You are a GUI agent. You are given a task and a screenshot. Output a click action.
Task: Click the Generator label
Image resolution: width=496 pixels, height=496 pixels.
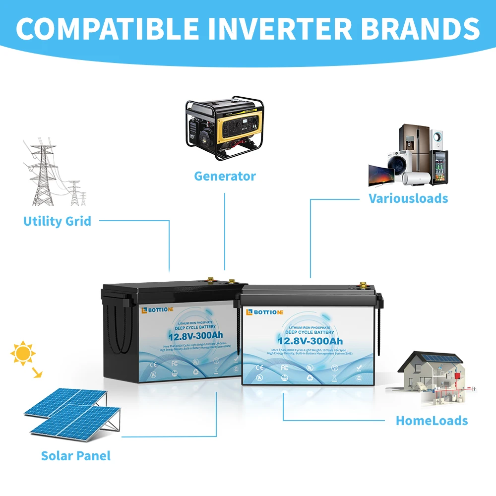click(225, 176)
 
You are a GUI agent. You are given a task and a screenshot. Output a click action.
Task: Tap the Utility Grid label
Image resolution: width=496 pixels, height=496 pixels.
click(57, 221)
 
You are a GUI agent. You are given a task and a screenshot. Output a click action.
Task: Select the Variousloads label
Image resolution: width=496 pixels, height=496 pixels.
click(408, 199)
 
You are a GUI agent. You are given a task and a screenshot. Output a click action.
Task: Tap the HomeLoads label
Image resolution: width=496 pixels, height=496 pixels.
click(432, 421)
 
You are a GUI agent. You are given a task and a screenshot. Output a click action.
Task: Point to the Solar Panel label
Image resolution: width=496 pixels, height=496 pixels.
click(76, 456)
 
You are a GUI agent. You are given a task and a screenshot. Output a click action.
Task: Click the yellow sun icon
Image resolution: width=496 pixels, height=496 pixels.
click(22, 353)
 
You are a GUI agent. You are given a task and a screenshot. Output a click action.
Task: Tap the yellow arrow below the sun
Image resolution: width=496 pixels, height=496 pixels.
click(36, 373)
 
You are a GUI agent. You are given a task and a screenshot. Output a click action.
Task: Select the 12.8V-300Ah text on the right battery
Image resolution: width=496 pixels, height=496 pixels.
click(310, 341)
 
